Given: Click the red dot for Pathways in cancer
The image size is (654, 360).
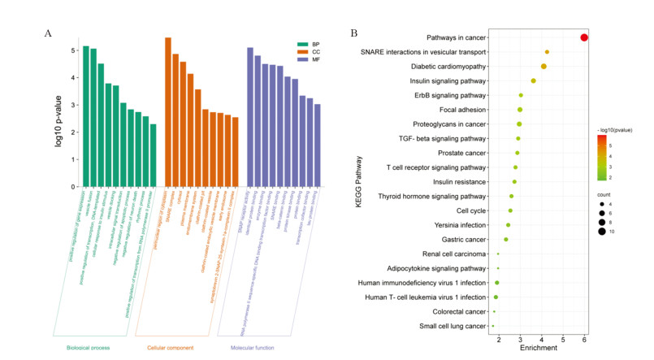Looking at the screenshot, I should (585, 37).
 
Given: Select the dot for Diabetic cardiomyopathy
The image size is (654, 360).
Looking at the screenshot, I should (544, 66).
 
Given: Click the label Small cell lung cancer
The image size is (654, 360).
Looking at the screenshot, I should (449, 327).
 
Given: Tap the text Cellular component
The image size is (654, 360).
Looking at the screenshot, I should (171, 349).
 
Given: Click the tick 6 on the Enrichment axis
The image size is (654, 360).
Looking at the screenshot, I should (585, 338).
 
